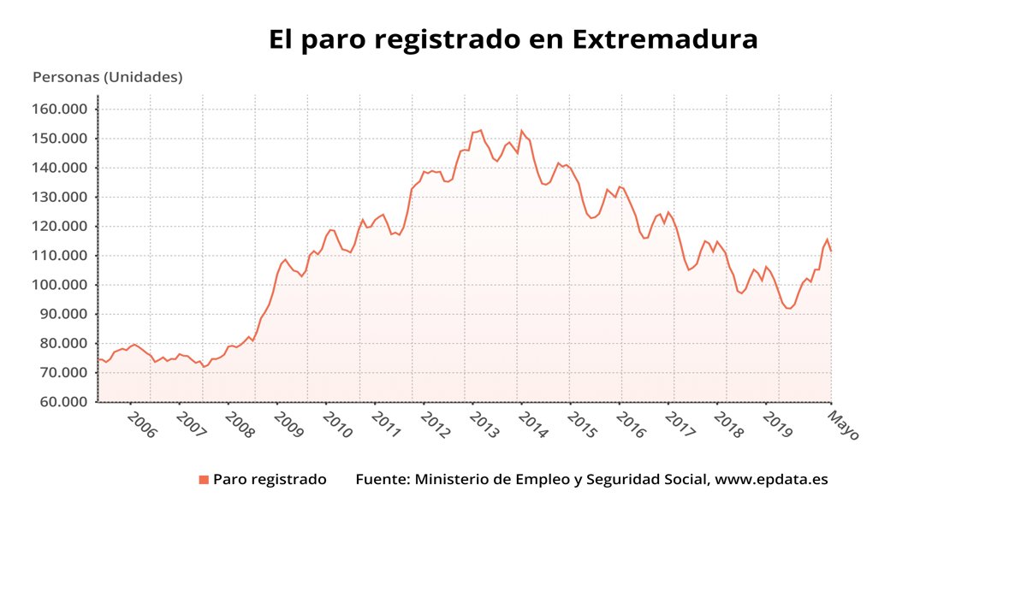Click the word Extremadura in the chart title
(x=664, y=39)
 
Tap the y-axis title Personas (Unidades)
(x=107, y=77)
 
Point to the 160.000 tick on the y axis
(x=61, y=109)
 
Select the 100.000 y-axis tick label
(x=61, y=285)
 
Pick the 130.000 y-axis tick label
(x=61, y=198)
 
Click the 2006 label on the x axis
(x=141, y=424)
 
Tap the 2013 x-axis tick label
(x=484, y=424)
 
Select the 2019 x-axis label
(x=777, y=424)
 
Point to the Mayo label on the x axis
(x=843, y=424)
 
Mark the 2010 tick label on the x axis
(x=337, y=424)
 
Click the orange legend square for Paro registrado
(x=204, y=480)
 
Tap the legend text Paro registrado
(x=270, y=480)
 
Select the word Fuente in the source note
(x=381, y=480)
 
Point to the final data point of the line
(x=830, y=250)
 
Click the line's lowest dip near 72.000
(x=204, y=367)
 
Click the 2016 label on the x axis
(x=631, y=424)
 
